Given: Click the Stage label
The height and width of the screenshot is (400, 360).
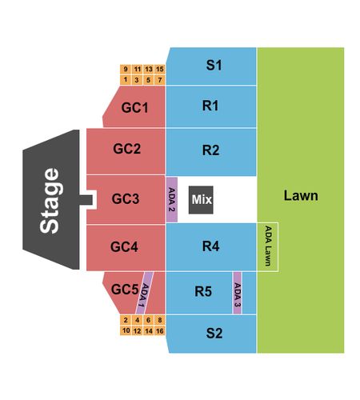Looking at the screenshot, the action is (50, 201).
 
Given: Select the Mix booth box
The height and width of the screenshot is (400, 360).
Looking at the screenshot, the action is (201, 200).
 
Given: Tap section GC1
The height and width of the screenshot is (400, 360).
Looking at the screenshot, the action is (134, 106).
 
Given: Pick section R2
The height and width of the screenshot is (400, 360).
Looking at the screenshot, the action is (211, 152).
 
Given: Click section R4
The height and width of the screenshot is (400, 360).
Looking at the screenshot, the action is (211, 247).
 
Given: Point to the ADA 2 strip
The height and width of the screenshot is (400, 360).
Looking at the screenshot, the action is (172, 199).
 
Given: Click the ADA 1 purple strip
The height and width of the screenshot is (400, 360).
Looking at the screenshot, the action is (144, 293).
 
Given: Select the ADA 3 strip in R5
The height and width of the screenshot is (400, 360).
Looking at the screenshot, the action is (238, 293).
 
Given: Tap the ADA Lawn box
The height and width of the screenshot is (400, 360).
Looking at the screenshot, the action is (268, 246).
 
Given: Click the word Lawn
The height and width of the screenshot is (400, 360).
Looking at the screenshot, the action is (301, 195).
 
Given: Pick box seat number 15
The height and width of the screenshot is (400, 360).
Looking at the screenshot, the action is (160, 69).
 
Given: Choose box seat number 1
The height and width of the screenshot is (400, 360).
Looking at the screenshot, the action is (126, 80).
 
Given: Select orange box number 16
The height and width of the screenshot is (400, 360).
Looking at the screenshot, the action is (160, 331).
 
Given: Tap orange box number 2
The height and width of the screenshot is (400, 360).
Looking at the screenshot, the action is (126, 320).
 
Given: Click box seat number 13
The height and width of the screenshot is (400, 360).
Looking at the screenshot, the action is (149, 69).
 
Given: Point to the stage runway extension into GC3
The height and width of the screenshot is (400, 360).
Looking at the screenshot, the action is (86, 200).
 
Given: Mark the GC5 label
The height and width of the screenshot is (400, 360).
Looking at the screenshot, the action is (125, 289).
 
